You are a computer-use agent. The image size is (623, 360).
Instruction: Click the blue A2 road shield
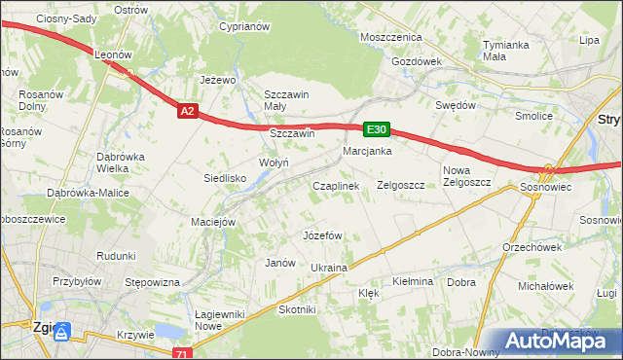pos(189,112)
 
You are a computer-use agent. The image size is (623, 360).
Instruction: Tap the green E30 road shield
pos(377,128)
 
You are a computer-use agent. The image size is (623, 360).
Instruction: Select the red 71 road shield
pos(182,353)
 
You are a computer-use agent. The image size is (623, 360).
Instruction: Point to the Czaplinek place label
pos(336,185)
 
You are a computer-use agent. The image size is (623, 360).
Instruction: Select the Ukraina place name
pos(329,268)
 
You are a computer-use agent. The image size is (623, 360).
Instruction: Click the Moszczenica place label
pos(390,36)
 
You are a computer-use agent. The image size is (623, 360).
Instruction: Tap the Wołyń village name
pos(273,162)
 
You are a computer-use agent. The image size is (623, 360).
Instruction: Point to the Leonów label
pos(112,56)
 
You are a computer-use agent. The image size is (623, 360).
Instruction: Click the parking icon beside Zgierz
pos(62,334)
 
